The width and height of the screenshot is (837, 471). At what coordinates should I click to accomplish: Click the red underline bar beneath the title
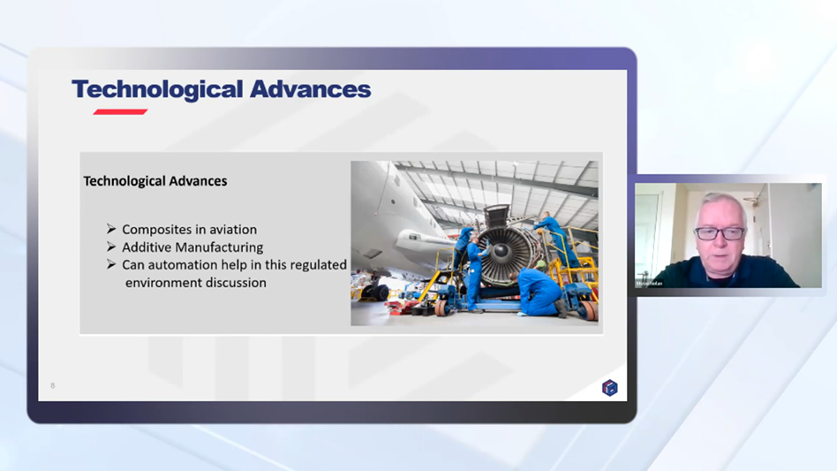coord(120,112)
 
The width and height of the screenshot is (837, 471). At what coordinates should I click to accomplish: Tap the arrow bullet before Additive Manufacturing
coord(111,247)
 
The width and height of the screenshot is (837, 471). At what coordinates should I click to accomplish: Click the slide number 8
coord(53,385)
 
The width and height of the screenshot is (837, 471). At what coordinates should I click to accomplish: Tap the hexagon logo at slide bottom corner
coord(609,387)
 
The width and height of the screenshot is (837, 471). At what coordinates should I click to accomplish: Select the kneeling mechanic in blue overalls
coord(538,292)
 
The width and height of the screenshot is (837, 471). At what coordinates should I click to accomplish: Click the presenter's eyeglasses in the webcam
coord(720,233)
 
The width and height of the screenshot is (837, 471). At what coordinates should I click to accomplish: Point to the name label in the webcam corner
coord(649,283)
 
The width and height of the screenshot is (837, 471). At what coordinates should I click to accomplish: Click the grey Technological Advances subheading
coord(155,181)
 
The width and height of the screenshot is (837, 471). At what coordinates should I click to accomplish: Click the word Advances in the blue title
coord(309,90)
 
